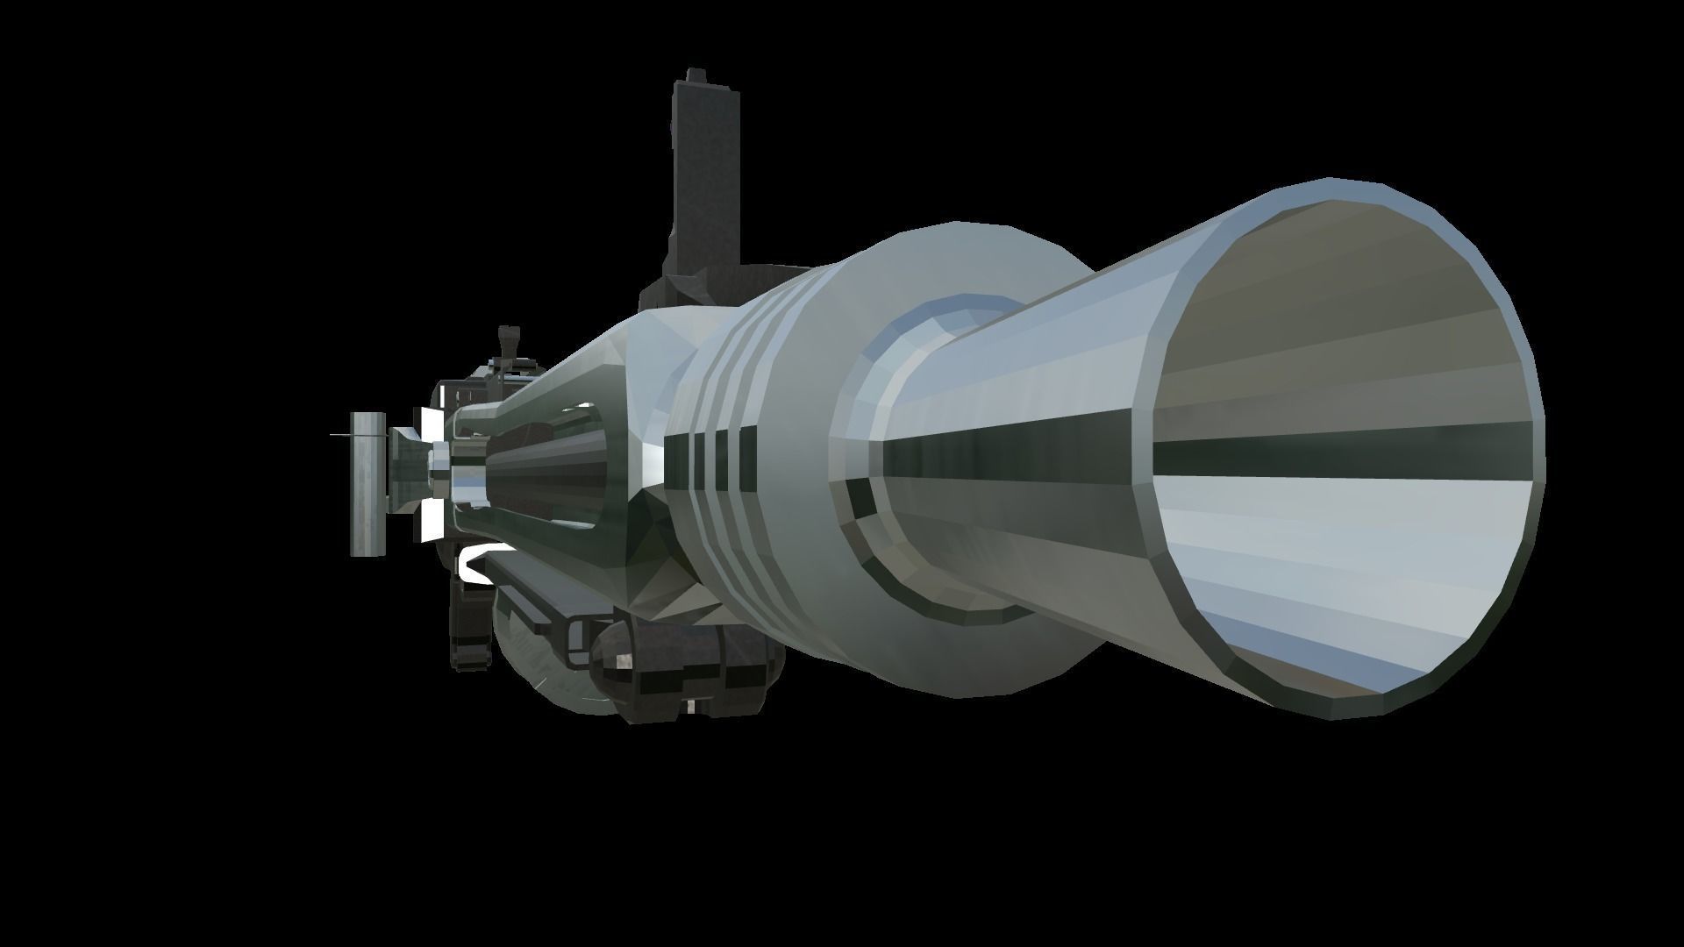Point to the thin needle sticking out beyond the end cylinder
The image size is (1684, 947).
[340, 435]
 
